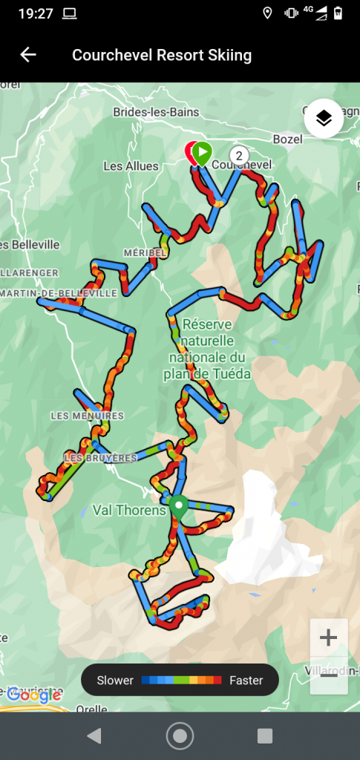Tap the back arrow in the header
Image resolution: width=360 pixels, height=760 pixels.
click(x=28, y=55)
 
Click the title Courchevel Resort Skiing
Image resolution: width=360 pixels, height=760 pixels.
click(x=162, y=55)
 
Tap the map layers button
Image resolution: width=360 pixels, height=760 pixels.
click(x=324, y=118)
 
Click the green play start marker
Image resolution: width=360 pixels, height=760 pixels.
click(x=202, y=152)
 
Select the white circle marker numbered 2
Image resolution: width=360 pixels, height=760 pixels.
click(x=238, y=154)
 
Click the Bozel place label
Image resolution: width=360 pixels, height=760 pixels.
click(x=288, y=139)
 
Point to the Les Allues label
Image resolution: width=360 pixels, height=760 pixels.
click(x=131, y=166)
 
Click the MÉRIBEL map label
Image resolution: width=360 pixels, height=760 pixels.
click(x=145, y=252)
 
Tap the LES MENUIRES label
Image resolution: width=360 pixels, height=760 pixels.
click(x=87, y=416)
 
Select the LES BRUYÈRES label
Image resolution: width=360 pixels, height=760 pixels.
click(x=101, y=458)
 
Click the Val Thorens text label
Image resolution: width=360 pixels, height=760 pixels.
click(x=128, y=510)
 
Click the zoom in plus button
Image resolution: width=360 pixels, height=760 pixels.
click(x=328, y=638)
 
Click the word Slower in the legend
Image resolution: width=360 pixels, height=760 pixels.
click(x=115, y=680)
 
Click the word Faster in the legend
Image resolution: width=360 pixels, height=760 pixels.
click(x=246, y=680)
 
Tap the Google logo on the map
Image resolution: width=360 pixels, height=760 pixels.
click(x=33, y=695)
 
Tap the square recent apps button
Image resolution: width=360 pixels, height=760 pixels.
click(x=265, y=736)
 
